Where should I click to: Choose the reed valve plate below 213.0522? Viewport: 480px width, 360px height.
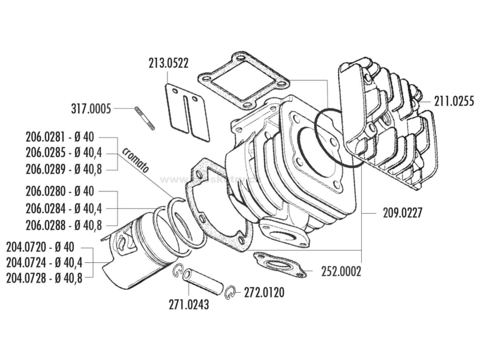187,105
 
